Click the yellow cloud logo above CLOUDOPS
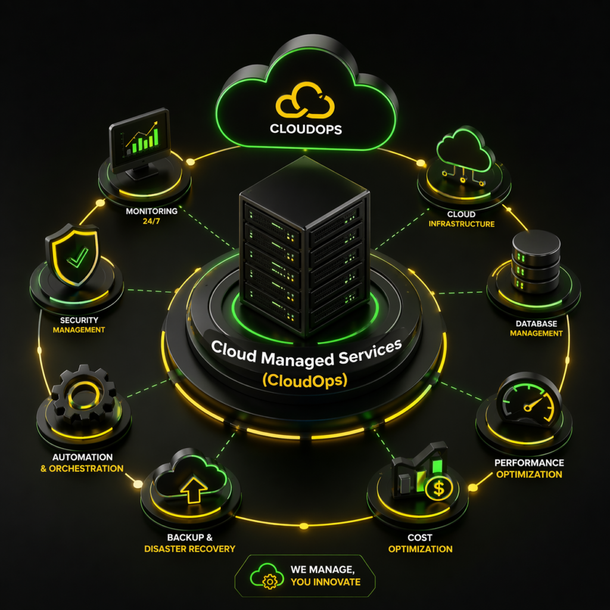click(305, 100)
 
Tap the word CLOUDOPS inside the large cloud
click(306, 129)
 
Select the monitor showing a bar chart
click(140, 142)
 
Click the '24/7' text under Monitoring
click(151, 222)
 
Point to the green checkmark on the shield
click(77, 257)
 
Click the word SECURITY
click(79, 320)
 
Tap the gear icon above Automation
click(83, 394)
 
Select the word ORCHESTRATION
click(86, 468)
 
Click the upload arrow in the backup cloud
click(194, 491)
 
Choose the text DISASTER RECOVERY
click(190, 549)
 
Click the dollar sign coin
click(439, 489)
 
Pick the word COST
click(420, 538)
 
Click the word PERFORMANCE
click(529, 463)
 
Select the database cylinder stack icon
click(536, 261)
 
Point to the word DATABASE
click(536, 323)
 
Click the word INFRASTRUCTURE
click(462, 224)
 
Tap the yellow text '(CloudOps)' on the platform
click(304, 380)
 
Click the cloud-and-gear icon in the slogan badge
click(266, 576)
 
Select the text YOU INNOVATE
click(326, 582)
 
